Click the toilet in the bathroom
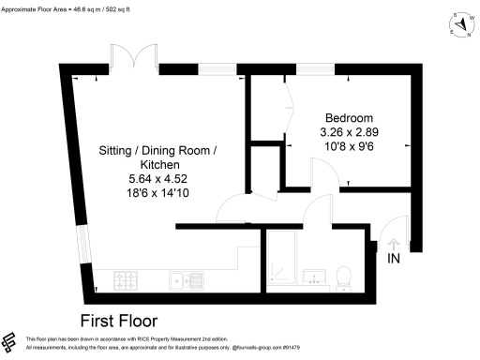[x=344, y=276]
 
